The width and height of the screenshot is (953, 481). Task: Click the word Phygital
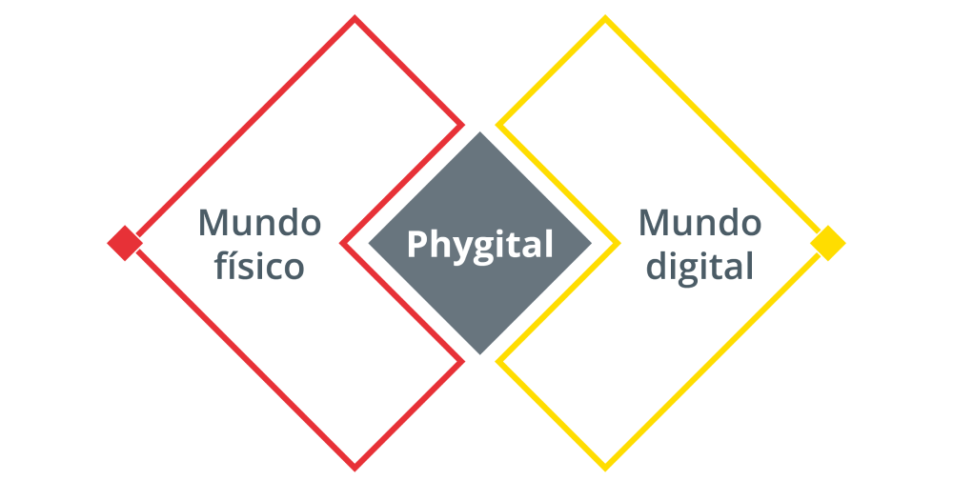pyautogui.click(x=480, y=246)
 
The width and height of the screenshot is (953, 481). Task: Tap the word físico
pyautogui.click(x=259, y=266)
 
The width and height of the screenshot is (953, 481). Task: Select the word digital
pyautogui.click(x=700, y=266)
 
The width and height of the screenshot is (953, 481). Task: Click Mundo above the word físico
pyautogui.click(x=259, y=222)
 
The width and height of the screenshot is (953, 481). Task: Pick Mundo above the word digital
pyautogui.click(x=700, y=222)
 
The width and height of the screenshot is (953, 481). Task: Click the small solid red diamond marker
pyautogui.click(x=125, y=243)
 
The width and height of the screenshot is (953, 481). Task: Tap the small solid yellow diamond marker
pyautogui.click(x=828, y=243)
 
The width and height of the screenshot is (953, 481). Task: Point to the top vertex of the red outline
pyautogui.click(x=355, y=17)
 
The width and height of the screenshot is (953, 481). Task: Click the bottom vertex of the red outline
pyautogui.click(x=355, y=469)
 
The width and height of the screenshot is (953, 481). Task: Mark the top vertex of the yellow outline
pyautogui.click(x=605, y=17)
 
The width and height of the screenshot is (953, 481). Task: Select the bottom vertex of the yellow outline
pyautogui.click(x=605, y=469)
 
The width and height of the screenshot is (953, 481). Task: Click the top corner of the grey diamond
pyautogui.click(x=480, y=131)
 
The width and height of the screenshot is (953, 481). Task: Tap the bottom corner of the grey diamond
pyautogui.click(x=480, y=354)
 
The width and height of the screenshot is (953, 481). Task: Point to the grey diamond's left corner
pyautogui.click(x=368, y=243)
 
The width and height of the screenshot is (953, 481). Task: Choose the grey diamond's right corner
pyautogui.click(x=592, y=243)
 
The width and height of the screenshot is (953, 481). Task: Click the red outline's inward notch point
pyautogui.click(x=341, y=243)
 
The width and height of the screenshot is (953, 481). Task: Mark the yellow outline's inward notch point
pyautogui.click(x=618, y=243)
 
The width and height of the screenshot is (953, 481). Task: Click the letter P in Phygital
pyautogui.click(x=416, y=244)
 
